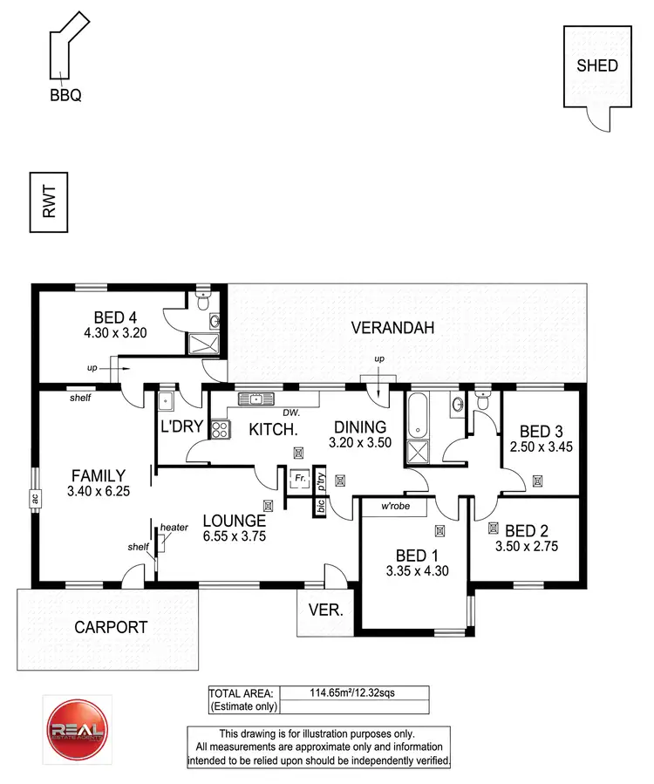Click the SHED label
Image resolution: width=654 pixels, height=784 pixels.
click(597, 65)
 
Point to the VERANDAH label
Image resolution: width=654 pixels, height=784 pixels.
click(387, 328)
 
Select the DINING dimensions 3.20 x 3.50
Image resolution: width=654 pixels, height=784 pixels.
click(360, 442)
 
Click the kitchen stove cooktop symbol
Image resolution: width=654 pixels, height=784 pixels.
click(219, 429)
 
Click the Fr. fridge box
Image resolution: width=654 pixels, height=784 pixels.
click(299, 479)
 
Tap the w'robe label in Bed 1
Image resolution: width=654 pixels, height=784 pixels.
click(396, 507)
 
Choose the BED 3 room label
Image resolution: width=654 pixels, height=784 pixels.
click(541, 431)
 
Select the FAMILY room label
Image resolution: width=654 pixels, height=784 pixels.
click(99, 476)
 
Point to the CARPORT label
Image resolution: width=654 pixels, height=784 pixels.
click(110, 626)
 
